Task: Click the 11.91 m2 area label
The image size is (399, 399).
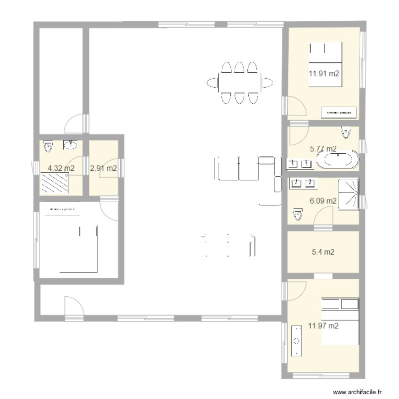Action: tap(324, 74)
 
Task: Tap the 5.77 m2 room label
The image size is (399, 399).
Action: tap(323, 149)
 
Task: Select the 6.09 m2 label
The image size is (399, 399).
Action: tap(323, 201)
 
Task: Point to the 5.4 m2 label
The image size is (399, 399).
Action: tap(323, 252)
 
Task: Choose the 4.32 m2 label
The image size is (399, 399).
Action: tap(61, 168)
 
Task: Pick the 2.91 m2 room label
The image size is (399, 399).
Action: tap(104, 168)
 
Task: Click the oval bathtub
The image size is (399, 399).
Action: tap(338, 160)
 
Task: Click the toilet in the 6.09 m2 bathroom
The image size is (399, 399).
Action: tap(297, 214)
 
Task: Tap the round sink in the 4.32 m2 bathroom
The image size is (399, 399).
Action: tap(70, 144)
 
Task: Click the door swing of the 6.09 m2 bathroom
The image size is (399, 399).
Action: tap(323, 217)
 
